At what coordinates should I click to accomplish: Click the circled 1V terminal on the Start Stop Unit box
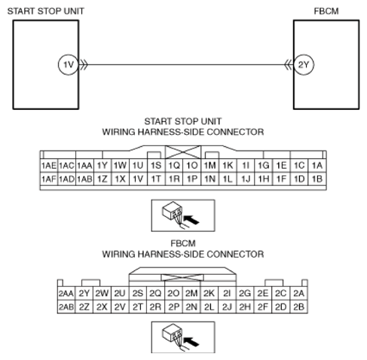click(x=68, y=65)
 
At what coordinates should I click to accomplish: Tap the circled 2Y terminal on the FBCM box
click(x=304, y=65)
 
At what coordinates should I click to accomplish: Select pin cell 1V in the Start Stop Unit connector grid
click(x=138, y=178)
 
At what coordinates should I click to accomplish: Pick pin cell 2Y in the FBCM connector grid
click(x=84, y=293)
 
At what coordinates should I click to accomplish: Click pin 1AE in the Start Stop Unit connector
click(x=49, y=166)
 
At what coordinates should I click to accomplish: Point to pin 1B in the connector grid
click(x=317, y=178)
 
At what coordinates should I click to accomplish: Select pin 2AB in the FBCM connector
click(x=66, y=307)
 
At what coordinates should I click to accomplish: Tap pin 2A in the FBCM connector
click(x=298, y=293)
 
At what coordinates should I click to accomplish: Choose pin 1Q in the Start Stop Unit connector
click(x=174, y=166)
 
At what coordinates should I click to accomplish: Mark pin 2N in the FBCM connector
click(x=191, y=307)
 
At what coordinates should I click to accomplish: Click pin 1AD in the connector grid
click(x=66, y=178)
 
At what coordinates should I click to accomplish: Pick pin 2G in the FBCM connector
click(x=245, y=293)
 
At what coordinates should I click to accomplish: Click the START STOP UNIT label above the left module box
click(x=46, y=11)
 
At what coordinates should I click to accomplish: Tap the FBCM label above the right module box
click(x=326, y=11)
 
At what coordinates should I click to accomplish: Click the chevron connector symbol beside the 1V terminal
click(x=84, y=65)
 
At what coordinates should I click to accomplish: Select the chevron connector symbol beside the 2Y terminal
click(x=289, y=65)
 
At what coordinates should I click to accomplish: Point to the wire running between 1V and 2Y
click(x=186, y=65)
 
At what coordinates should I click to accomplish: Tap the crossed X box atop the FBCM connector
click(x=182, y=277)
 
